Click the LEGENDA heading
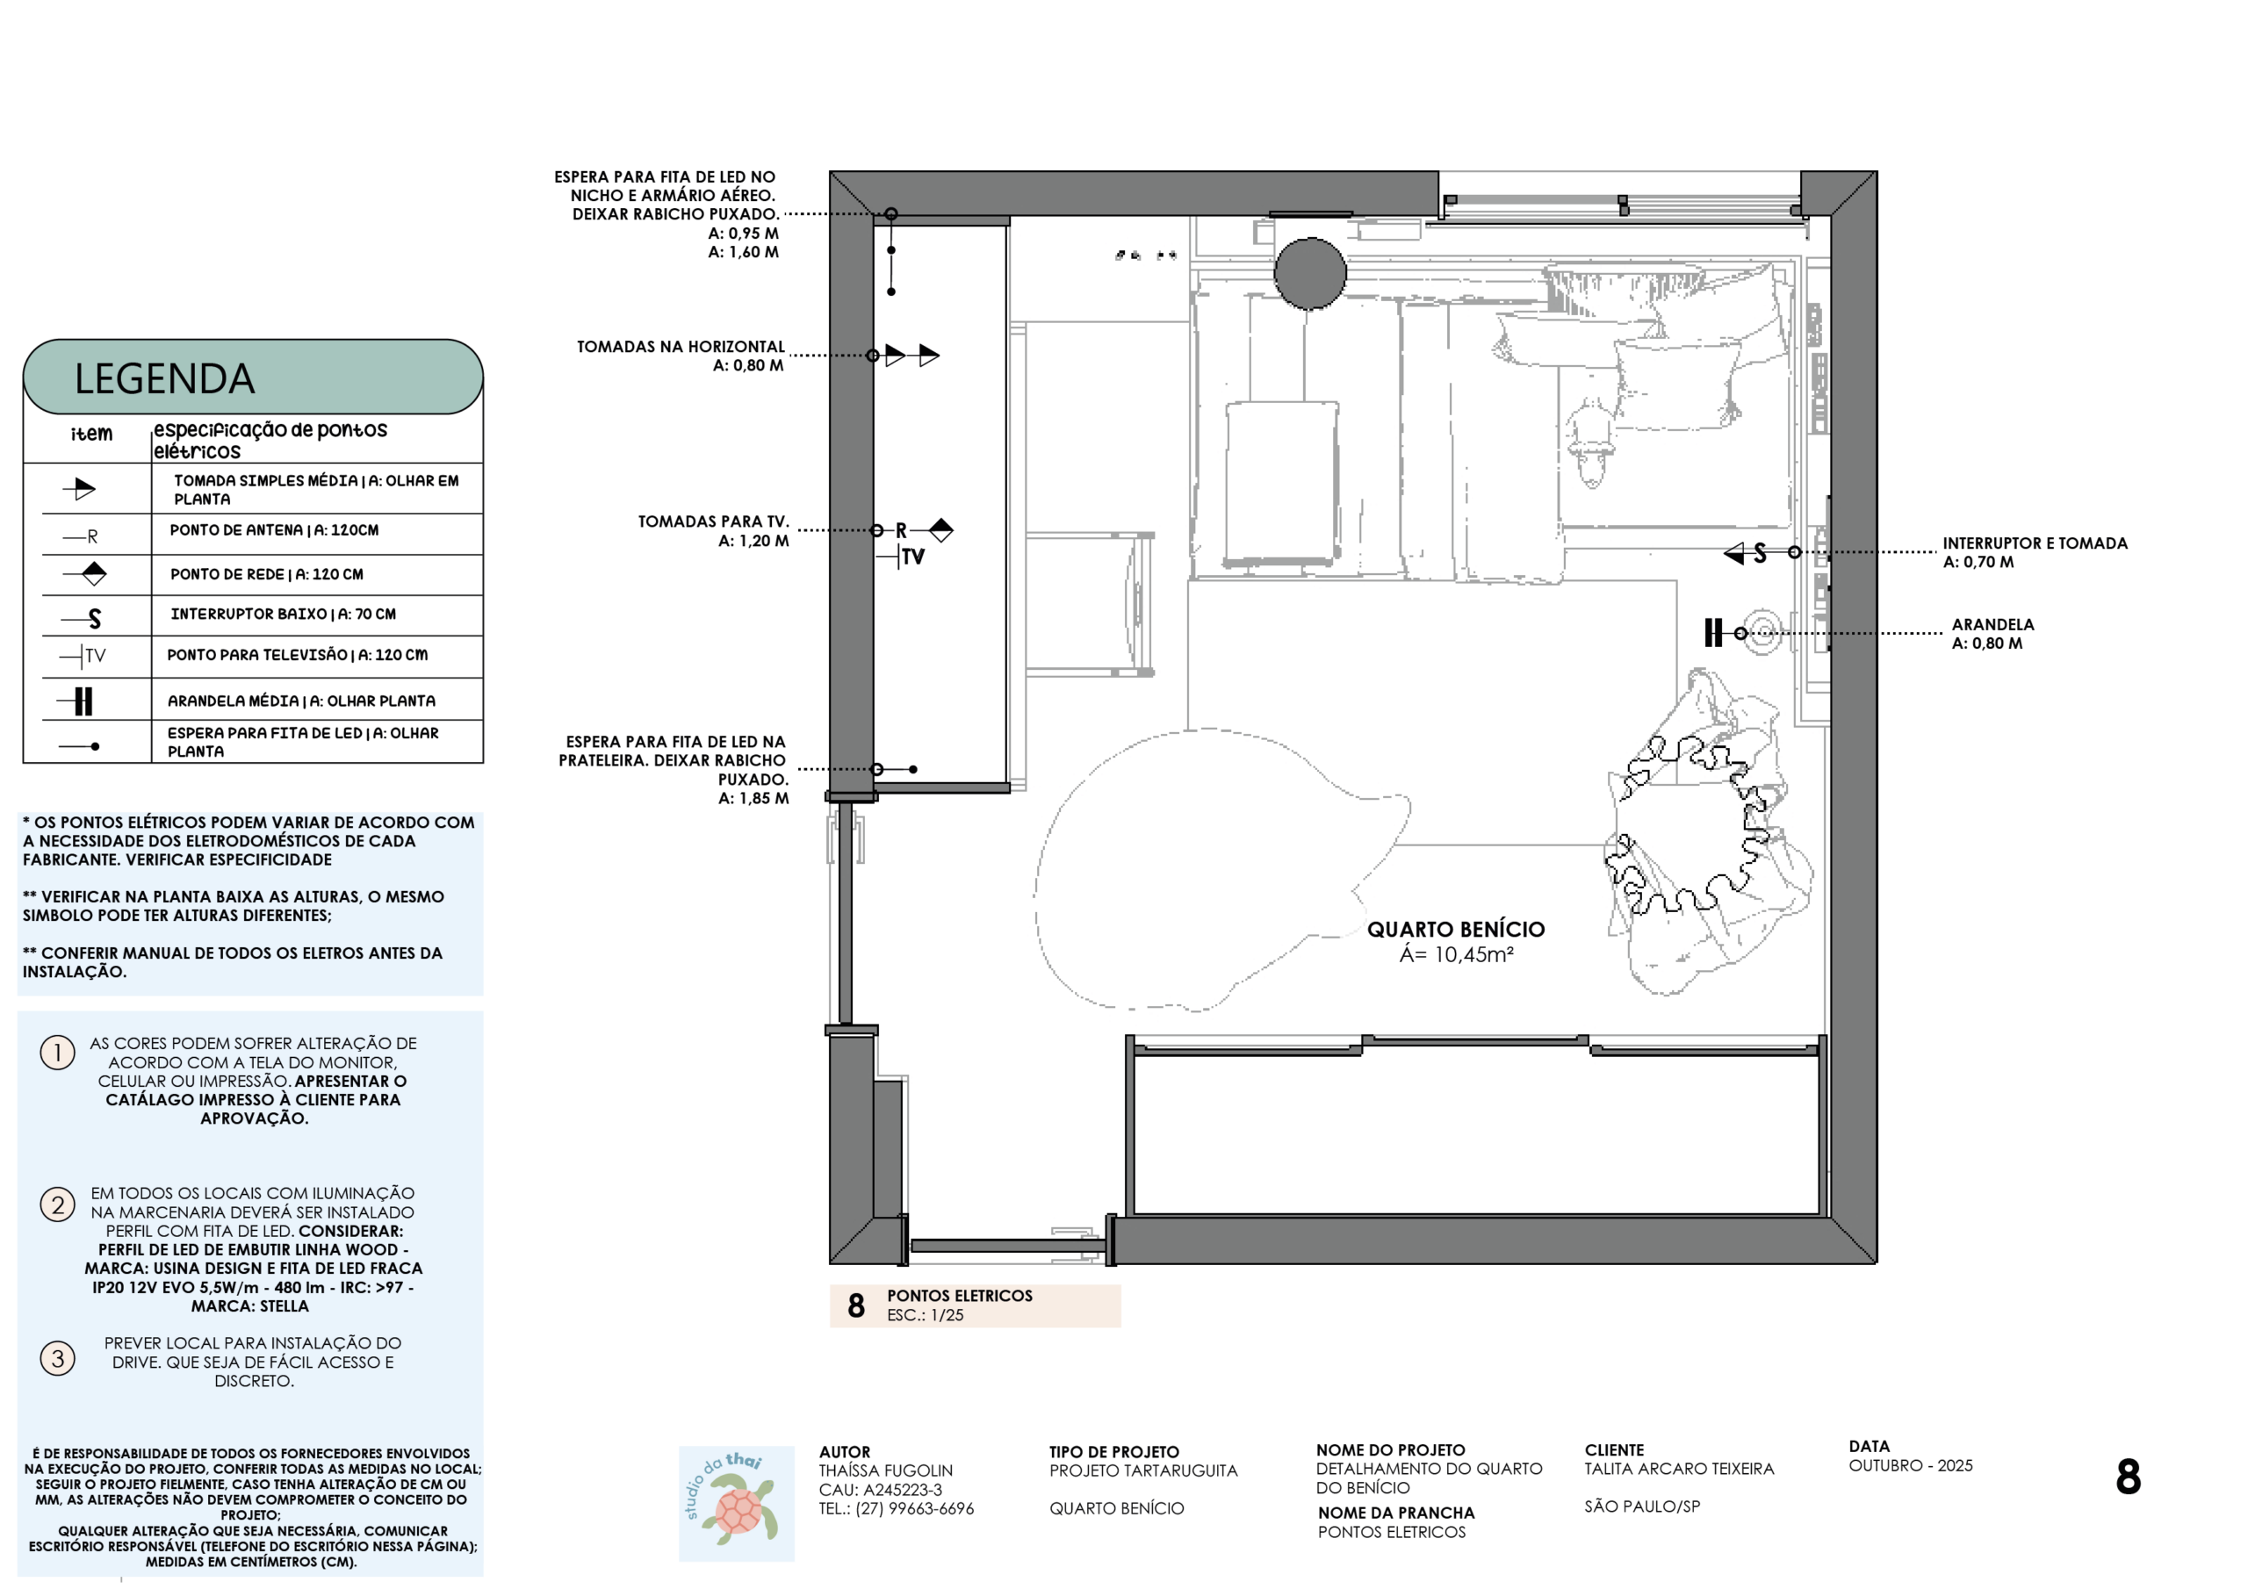tap(164, 379)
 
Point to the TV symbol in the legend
tap(83, 655)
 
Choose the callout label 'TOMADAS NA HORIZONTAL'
tap(681, 347)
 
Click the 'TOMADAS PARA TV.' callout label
tap(713, 521)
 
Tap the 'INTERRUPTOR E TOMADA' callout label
tap(2035, 543)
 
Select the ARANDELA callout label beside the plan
tap(1992, 625)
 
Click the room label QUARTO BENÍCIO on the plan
tap(1456, 929)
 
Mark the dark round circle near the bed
tap(1310, 273)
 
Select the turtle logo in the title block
tap(736, 1503)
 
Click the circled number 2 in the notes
tap(58, 1204)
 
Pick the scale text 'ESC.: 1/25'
tap(926, 1315)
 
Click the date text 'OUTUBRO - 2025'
tap(1910, 1465)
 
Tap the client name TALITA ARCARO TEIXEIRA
tap(1679, 1469)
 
